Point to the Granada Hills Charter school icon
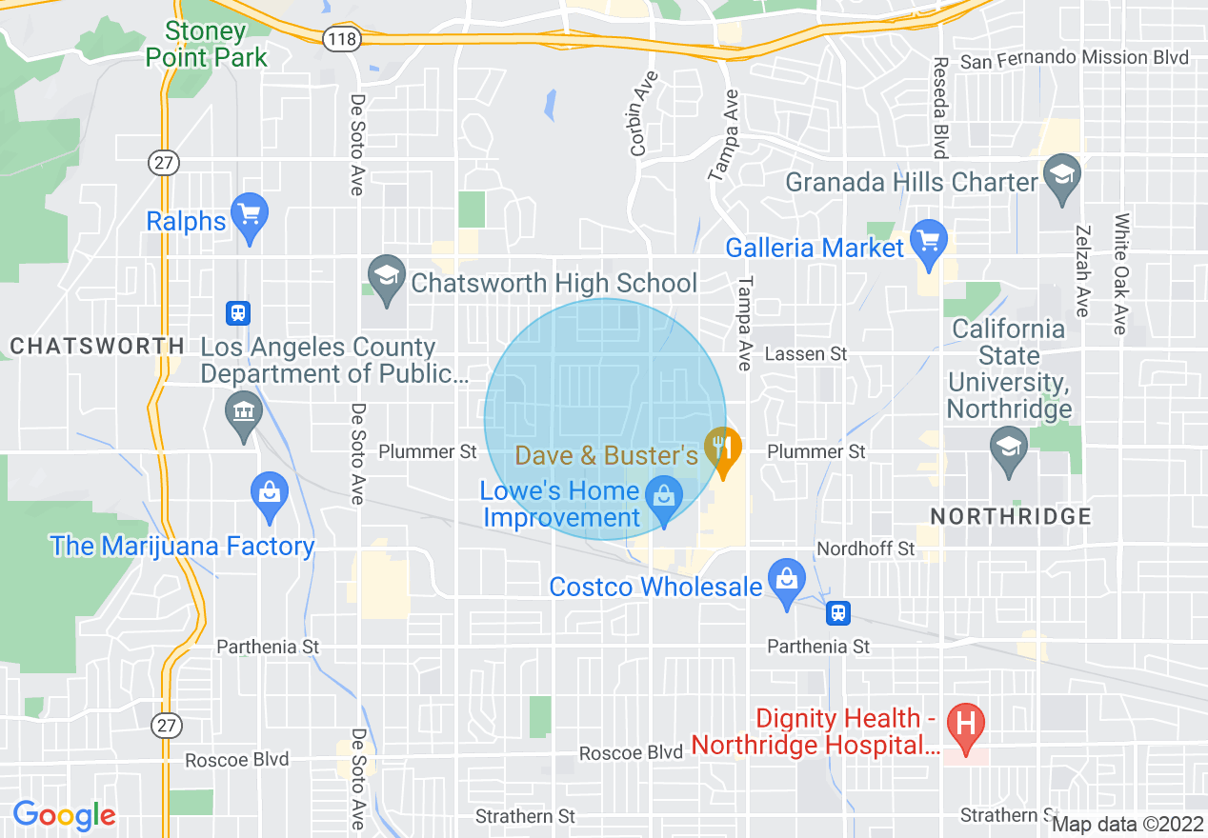point(1059,178)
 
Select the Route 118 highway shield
point(340,39)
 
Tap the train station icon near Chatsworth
point(237,312)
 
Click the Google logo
point(64,815)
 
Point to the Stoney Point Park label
point(206,44)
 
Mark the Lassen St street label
point(806,354)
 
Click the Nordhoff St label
point(866,549)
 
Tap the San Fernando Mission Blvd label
point(1074,58)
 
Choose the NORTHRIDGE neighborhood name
point(1010,517)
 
